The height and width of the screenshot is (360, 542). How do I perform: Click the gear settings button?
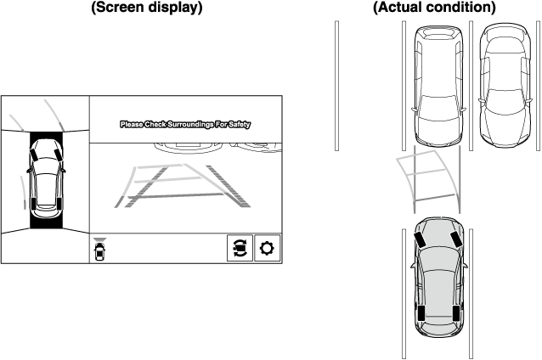(x=267, y=248)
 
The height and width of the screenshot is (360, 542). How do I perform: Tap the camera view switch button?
(x=240, y=248)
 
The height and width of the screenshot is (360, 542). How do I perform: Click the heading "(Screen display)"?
(x=147, y=7)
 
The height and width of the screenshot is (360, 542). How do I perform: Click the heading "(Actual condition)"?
(x=434, y=7)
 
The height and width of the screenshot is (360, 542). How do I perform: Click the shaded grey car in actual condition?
(x=439, y=277)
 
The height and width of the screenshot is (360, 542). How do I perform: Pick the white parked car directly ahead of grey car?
(x=438, y=86)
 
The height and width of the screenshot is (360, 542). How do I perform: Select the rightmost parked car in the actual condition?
(x=505, y=86)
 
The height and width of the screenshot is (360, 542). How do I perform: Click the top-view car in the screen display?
(x=46, y=178)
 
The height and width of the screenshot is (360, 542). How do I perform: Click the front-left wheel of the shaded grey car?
(x=420, y=239)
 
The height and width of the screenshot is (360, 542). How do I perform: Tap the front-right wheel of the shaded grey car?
(x=456, y=238)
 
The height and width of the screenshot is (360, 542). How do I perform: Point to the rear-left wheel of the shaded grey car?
(x=421, y=313)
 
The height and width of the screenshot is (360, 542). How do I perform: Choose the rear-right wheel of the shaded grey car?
(x=456, y=313)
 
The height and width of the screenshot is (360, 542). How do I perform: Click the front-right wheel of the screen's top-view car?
(x=58, y=154)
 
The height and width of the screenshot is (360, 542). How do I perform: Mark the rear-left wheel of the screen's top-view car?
(x=32, y=204)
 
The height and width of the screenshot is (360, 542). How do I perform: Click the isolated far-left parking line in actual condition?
(x=336, y=86)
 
